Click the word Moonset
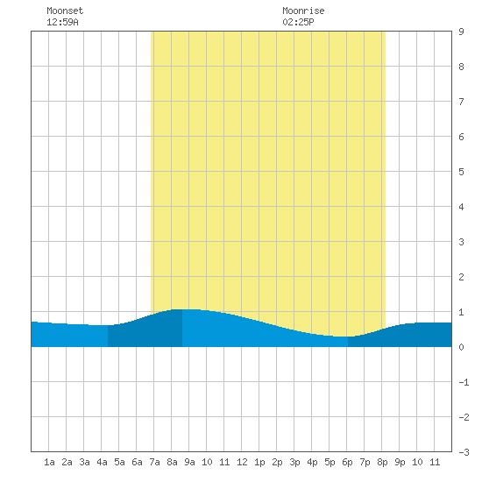(x=65, y=11)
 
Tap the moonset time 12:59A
(x=62, y=22)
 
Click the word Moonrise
(x=303, y=11)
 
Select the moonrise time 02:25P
(x=298, y=22)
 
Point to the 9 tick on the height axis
(x=461, y=32)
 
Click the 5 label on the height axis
(x=461, y=172)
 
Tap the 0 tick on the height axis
(x=461, y=347)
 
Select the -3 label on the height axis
(x=464, y=452)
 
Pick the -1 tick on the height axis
(x=464, y=382)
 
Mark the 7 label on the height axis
(x=461, y=102)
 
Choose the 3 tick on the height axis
(x=461, y=242)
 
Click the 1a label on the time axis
(x=49, y=462)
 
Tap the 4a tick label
(x=102, y=462)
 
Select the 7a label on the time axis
(x=154, y=462)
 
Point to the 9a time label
(x=189, y=462)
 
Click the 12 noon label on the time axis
(x=242, y=462)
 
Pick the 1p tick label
(x=259, y=462)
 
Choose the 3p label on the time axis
(x=294, y=462)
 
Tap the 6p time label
(x=347, y=462)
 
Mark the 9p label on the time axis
(x=400, y=462)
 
